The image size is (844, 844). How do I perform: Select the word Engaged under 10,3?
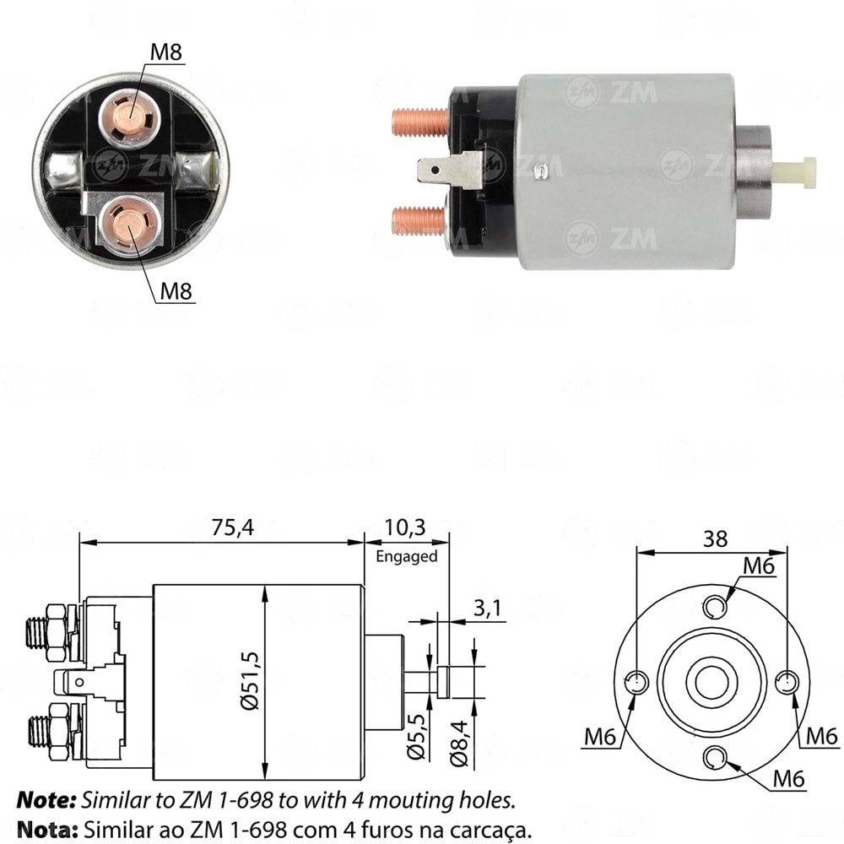[x=407, y=556]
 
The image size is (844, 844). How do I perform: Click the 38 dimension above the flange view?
[x=714, y=538]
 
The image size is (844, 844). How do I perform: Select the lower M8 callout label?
[x=176, y=291]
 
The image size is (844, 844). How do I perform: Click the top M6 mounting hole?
[x=714, y=606]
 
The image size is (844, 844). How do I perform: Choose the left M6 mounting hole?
[x=639, y=682]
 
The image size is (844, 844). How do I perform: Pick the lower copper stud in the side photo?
[x=419, y=221]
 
